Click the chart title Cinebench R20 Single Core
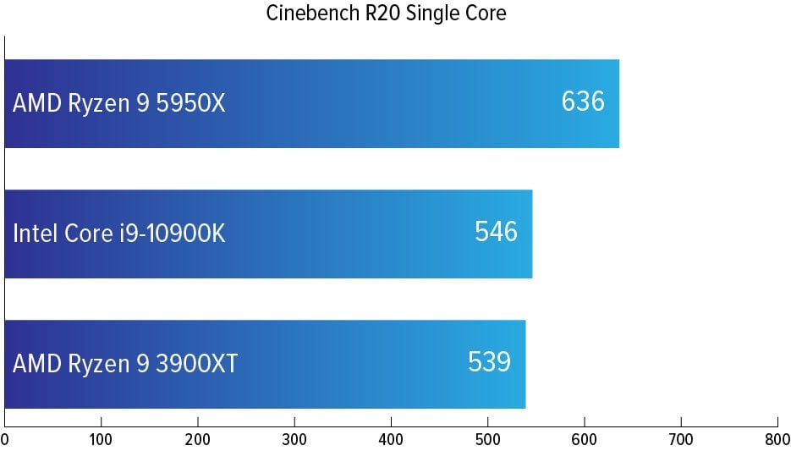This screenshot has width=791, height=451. pos(386,14)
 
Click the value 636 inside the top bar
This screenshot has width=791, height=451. pos(583,102)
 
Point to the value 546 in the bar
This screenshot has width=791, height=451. pos(496,232)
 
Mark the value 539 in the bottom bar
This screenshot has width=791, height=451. pos(489,362)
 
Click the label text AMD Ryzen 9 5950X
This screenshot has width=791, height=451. pos(119,104)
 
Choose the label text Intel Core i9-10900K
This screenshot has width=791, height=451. pos(119,234)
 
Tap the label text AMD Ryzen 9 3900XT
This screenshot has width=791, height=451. pos(125,364)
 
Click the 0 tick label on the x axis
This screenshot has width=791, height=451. pos(5,440)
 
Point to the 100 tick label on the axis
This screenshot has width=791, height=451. pos(102,440)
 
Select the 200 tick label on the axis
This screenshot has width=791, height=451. pos(198,440)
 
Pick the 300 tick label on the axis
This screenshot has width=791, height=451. pos(294,440)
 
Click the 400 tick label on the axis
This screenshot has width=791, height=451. pos(391,440)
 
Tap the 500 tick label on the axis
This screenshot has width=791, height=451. pos(487,440)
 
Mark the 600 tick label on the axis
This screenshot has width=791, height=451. pos(585,440)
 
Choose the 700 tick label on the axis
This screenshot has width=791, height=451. pos(681,440)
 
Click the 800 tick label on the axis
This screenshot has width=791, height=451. pos(777,440)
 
